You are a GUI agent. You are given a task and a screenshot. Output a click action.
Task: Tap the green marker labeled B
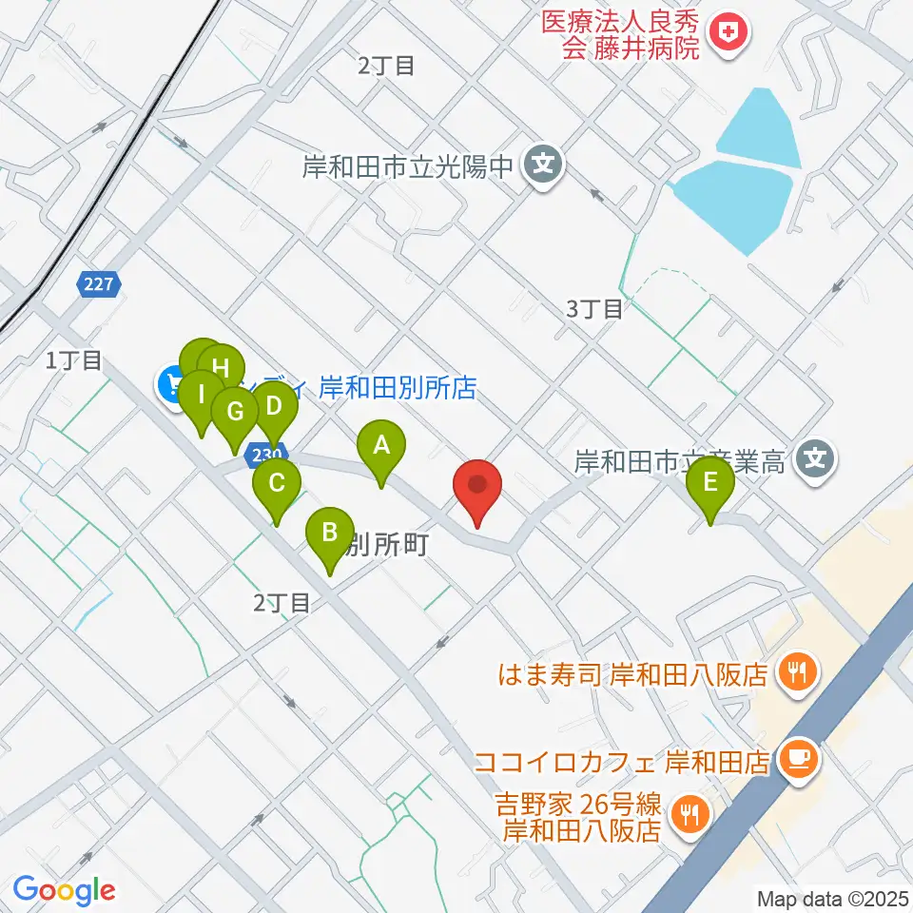330,533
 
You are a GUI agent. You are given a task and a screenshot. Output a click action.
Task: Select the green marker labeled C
276,483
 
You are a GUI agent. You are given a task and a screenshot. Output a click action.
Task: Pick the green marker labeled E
710,482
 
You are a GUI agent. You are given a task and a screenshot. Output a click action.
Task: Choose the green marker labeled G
234,413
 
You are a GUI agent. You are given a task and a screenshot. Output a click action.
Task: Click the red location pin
477,486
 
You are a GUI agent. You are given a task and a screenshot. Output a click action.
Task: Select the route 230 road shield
267,456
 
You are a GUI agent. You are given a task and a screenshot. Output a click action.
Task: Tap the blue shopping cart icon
172,384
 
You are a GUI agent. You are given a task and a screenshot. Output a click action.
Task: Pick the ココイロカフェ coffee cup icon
797,758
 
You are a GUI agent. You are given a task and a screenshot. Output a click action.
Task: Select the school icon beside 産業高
815,461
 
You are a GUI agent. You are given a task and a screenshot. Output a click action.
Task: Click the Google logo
64,890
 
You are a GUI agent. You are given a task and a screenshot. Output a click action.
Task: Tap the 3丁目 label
595,308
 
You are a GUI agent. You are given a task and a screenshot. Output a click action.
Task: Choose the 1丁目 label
73,359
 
